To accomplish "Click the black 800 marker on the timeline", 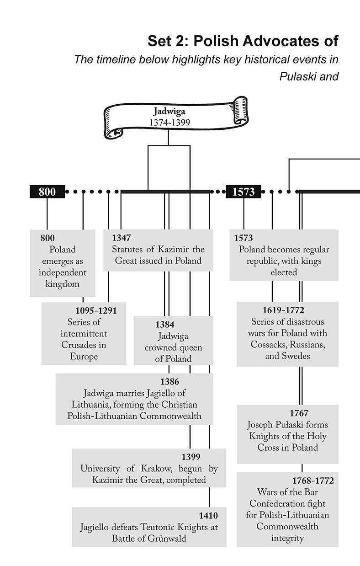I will click(47, 192).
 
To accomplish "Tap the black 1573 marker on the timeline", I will click(243, 192).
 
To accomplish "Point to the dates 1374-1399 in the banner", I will click(169, 122).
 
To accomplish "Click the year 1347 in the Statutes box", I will click(121, 238).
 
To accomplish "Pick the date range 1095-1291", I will click(96, 311).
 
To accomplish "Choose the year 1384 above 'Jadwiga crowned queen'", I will click(164, 325).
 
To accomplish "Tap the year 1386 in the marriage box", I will click(169, 382).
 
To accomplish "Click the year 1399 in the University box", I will click(191, 457).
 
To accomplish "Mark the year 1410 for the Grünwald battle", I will click(208, 516).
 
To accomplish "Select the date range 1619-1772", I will click(283, 310).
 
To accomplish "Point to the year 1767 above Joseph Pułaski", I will click(299, 413).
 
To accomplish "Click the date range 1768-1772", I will click(313, 481).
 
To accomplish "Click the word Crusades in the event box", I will click(79, 345).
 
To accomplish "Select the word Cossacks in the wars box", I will click(268, 344).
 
